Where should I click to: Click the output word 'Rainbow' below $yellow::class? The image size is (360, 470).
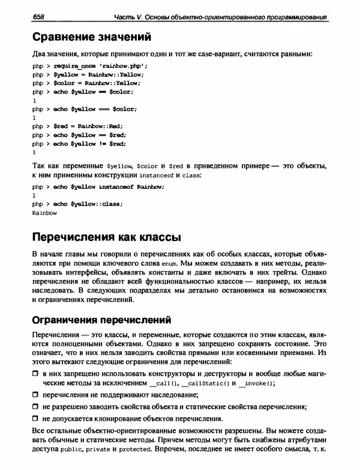tap(44, 212)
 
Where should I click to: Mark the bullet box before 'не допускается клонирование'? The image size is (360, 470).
tap(35, 418)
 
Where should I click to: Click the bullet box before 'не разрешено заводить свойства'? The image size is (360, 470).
tap(35, 407)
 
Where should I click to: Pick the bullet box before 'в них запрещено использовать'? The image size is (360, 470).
tap(35, 373)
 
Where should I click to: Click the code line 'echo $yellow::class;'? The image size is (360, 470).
tap(88, 204)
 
